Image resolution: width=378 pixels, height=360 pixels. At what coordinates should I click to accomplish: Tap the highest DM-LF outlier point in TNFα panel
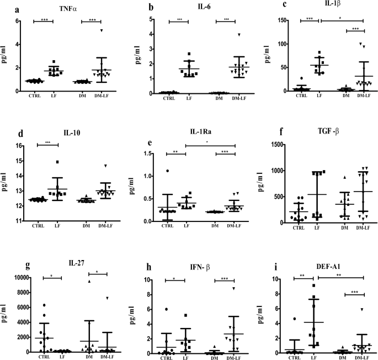[101, 30]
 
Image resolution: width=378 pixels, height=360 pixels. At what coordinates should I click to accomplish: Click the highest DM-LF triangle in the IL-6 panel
[224, 35]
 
